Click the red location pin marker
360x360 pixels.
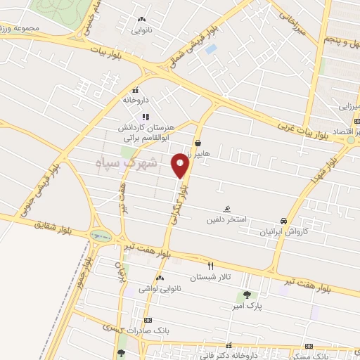(x=181, y=165)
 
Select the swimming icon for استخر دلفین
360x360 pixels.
(x=226, y=209)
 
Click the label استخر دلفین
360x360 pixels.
(x=225, y=220)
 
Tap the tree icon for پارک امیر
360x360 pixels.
(x=247, y=295)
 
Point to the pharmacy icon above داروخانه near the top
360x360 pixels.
(x=135, y=89)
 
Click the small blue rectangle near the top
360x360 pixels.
(x=212, y=49)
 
